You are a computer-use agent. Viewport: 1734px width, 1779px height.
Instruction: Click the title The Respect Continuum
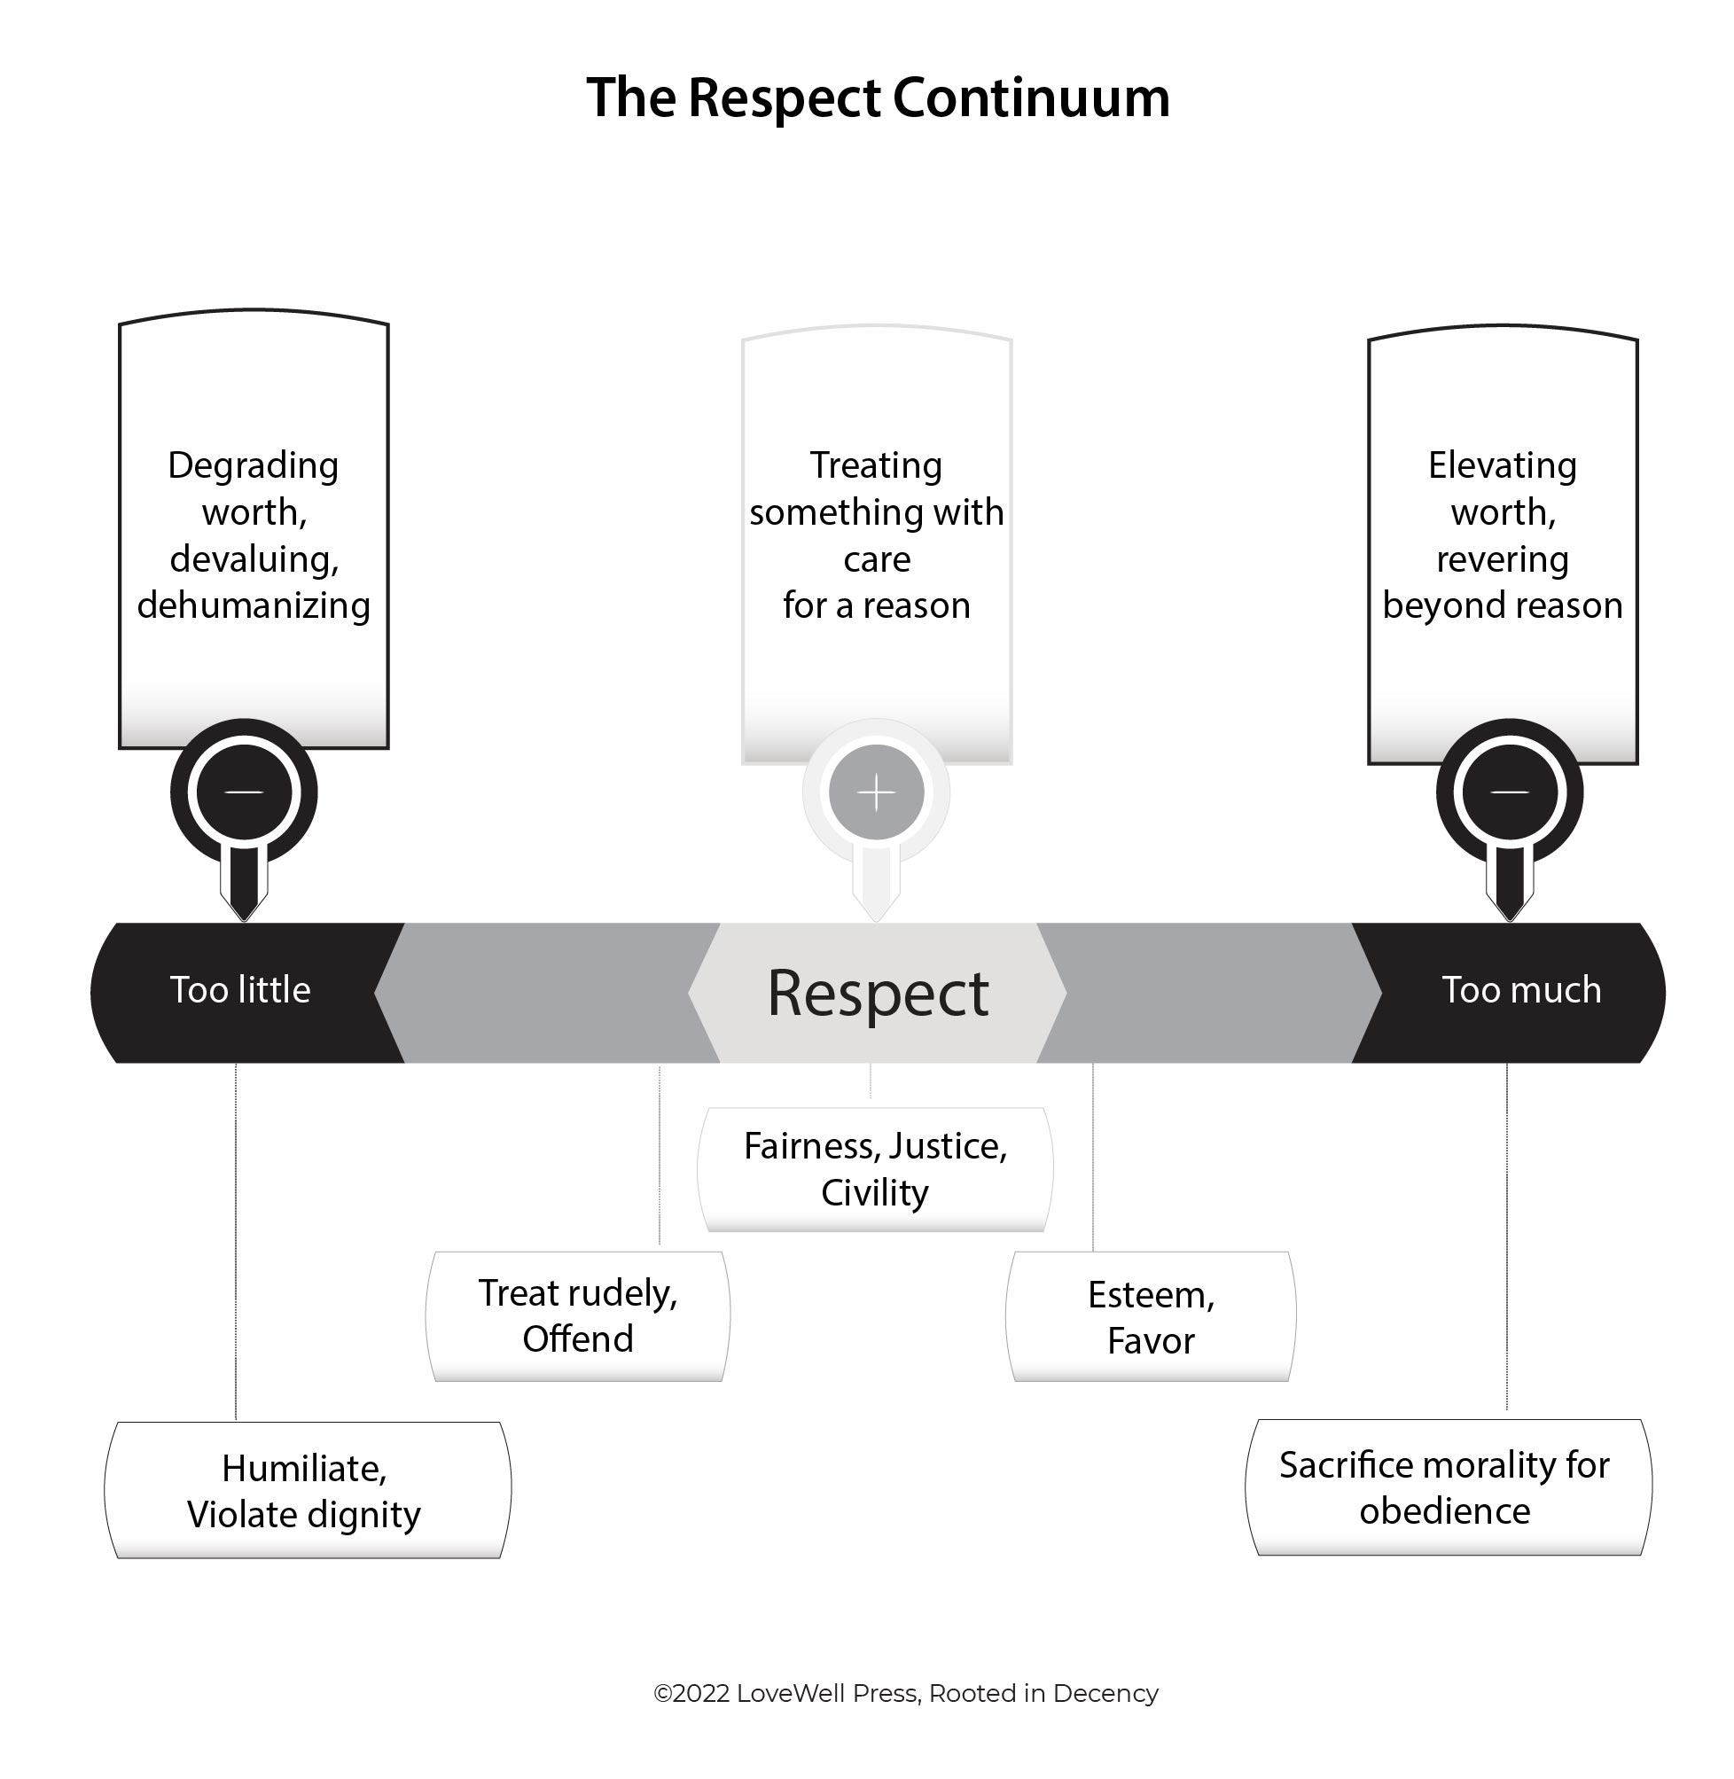878,98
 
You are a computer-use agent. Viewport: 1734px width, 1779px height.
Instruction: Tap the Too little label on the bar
240,989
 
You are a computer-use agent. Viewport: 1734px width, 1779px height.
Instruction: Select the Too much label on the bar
1521,989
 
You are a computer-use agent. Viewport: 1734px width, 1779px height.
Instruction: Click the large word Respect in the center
877,993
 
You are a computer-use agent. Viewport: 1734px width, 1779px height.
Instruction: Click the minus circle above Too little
243,792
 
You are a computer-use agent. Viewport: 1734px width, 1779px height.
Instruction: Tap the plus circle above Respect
876,792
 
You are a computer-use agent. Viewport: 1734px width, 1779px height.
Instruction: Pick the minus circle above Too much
1509,792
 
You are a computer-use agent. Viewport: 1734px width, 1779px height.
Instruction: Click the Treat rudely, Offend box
577,1315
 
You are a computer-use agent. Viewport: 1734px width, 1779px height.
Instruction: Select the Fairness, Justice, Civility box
875,1169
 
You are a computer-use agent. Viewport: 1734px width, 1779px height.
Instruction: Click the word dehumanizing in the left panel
254,605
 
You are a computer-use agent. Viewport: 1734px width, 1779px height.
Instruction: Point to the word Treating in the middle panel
876,465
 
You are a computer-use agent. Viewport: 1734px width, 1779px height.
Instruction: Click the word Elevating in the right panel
1502,465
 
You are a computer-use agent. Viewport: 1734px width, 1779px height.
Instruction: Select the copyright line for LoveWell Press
905,1692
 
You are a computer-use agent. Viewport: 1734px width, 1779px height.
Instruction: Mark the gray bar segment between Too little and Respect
546,993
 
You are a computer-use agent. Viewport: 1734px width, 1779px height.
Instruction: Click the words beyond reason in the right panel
1502,605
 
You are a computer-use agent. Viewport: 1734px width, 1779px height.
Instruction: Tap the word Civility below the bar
874,1193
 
